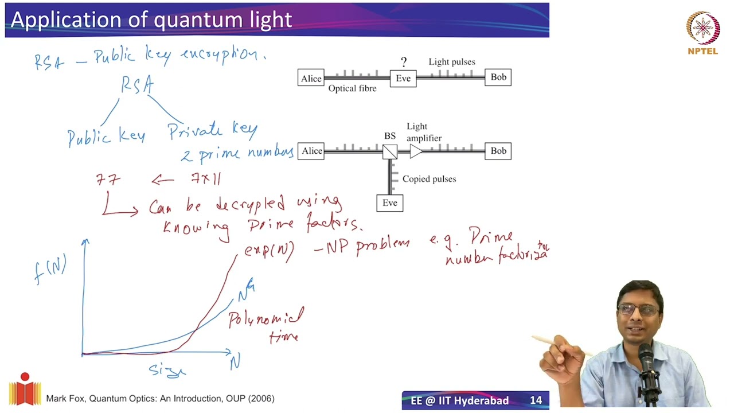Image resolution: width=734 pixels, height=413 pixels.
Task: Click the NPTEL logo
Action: pos(702,32)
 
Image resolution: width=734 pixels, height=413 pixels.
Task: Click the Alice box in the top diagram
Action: pos(311,78)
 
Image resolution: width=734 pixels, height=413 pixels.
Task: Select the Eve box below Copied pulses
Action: pos(389,203)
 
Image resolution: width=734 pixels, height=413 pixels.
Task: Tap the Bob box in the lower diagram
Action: pos(498,151)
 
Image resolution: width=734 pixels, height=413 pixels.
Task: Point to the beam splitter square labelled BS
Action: pos(390,151)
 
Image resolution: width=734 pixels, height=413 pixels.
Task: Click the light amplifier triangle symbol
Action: pos(416,151)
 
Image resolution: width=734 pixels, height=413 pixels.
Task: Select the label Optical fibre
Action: pos(352,89)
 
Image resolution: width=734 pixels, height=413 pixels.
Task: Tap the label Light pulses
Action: pos(452,62)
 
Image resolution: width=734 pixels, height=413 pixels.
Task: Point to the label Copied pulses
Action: pos(429,179)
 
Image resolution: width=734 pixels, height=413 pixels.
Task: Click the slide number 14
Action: pos(536,400)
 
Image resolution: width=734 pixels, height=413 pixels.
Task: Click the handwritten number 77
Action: pos(108,180)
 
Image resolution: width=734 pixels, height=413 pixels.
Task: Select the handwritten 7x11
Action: pos(206,179)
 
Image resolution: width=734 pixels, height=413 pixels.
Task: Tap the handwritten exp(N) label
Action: pos(269,251)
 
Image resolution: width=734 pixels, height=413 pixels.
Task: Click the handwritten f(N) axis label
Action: pos(50,268)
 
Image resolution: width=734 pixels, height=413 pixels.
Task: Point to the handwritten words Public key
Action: pos(106,137)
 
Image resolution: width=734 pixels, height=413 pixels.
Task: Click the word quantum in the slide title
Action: pos(194,20)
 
